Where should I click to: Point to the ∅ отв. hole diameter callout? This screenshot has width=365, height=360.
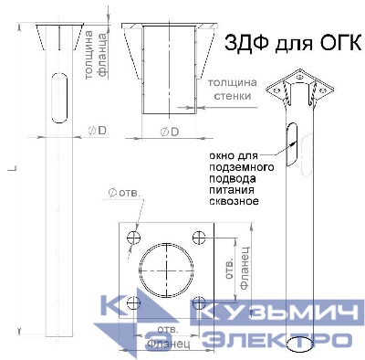click(122, 193)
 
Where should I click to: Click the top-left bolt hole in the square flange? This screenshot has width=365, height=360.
click(135, 237)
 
